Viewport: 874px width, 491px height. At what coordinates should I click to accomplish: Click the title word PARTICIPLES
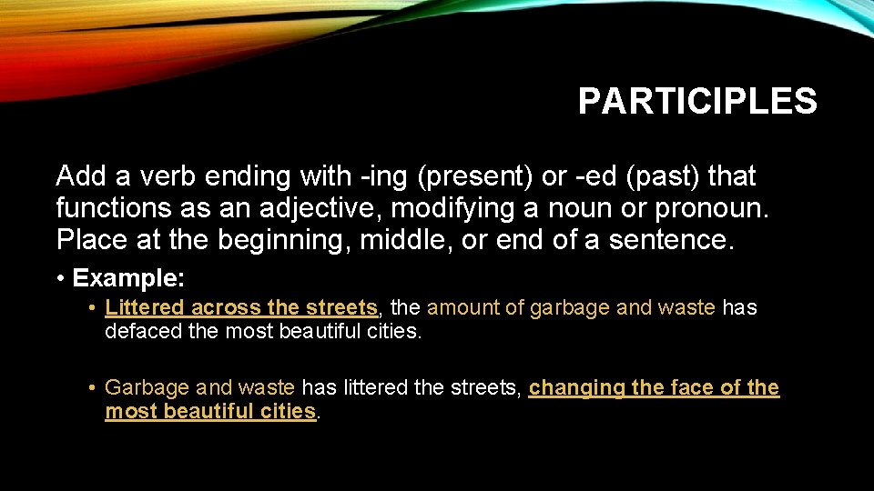pos(697,101)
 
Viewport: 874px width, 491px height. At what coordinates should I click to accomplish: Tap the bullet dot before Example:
pos(60,277)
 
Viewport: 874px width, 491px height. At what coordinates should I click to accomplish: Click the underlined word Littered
pos(145,308)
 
